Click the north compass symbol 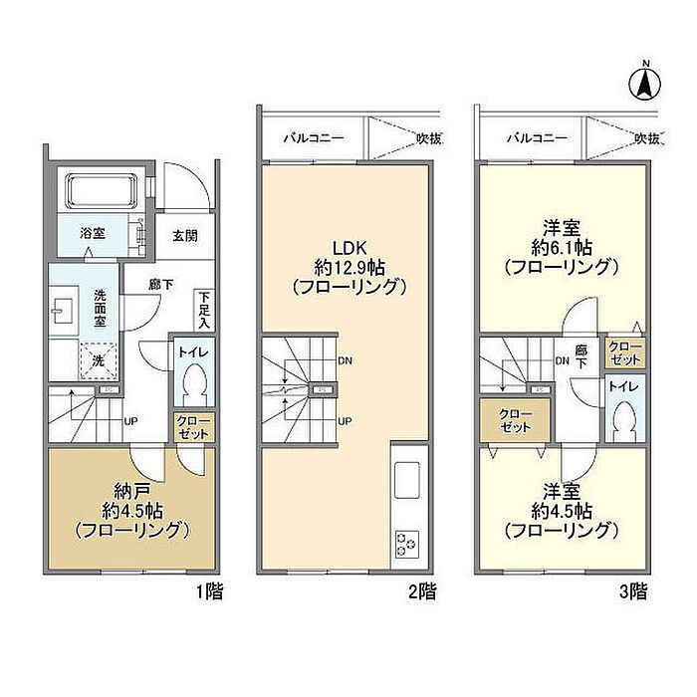point(645,84)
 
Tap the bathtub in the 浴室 point(101,190)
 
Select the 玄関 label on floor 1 point(185,236)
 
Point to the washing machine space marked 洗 point(99,360)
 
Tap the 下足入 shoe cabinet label point(204,310)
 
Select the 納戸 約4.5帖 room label point(132,510)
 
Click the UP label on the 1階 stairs point(130,420)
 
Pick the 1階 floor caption point(210,592)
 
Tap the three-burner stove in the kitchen point(407,544)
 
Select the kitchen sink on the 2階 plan point(406,480)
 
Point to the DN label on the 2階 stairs point(345,360)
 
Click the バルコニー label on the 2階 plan point(314,137)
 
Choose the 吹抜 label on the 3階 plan point(647,139)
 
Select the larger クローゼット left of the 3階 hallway point(515,420)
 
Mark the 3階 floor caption point(633,592)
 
